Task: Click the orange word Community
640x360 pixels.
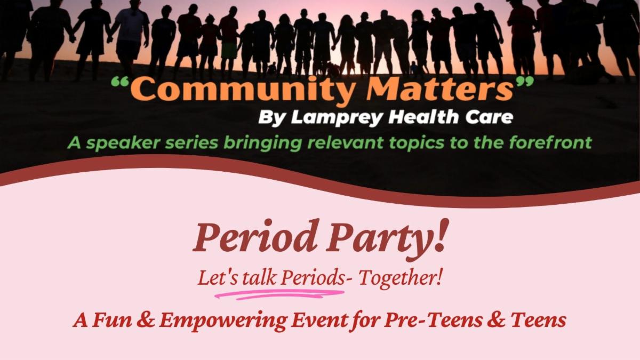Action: [242, 91]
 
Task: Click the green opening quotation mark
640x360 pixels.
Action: [121, 82]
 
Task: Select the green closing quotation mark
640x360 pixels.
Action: [523, 82]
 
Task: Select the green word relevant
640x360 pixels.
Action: [345, 142]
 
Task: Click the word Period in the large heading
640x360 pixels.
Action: [255, 237]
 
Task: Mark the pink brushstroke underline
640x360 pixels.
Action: [279, 294]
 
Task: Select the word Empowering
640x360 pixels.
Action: [223, 321]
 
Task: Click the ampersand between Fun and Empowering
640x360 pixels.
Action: [146, 320]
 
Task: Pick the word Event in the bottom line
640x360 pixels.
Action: [318, 320]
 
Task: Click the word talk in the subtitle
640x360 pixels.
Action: [259, 278]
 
